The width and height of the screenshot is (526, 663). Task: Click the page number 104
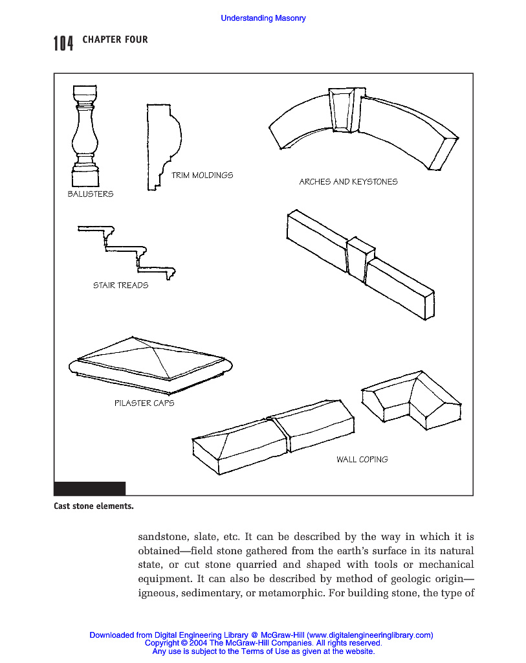tap(63, 43)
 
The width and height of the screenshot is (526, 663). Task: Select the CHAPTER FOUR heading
tap(115, 40)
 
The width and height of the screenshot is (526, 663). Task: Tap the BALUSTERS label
tap(91, 194)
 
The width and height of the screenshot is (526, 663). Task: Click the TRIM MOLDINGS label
tap(202, 175)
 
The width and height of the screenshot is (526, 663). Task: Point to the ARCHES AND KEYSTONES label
tap(348, 182)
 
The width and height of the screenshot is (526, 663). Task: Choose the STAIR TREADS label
tap(120, 285)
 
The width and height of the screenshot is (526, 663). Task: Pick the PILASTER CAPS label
tap(144, 403)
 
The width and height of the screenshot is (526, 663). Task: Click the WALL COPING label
tap(362, 459)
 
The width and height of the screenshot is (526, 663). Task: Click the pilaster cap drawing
tap(150, 365)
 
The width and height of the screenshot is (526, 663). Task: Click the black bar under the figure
tap(89, 489)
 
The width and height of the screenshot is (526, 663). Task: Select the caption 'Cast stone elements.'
tap(94, 506)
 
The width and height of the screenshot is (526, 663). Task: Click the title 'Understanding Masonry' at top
tap(263, 18)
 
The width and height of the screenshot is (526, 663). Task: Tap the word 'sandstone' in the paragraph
tap(161, 537)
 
